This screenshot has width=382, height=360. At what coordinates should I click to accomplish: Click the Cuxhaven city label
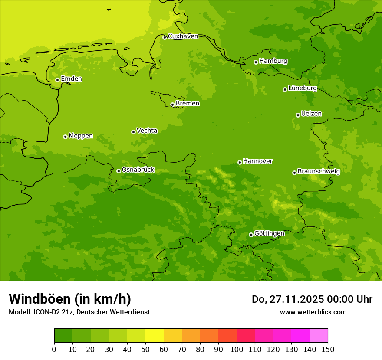coord(183,36)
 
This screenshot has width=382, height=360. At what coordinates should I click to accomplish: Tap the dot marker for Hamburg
coord(256,62)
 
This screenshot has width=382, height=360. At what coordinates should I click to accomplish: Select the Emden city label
coord(71,79)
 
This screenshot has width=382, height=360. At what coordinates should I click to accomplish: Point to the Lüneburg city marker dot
coord(285,89)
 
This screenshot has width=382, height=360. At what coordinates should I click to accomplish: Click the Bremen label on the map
coord(188,104)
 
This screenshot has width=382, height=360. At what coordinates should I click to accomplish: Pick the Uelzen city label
coord(311,114)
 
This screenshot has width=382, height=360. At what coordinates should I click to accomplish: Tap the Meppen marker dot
coord(65,137)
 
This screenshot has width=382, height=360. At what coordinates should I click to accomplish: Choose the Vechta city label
coord(147,131)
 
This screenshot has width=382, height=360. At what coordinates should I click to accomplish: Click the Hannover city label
coord(257,161)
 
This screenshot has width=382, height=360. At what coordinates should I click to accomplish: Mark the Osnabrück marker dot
coord(119,171)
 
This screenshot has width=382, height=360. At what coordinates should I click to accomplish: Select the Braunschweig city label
coord(319,172)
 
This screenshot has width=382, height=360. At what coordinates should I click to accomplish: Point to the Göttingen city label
coord(269,234)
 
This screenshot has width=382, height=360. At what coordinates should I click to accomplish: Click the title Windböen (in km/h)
coord(70,299)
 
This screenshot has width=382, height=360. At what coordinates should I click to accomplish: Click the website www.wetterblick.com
coord(313,312)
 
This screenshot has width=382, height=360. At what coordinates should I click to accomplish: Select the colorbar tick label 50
coord(145,350)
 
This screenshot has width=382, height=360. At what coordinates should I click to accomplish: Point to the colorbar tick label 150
coord(328,350)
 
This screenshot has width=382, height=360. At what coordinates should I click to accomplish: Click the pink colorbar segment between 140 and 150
coord(319,336)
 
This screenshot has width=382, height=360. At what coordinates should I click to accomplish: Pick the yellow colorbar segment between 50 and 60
coord(155,336)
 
